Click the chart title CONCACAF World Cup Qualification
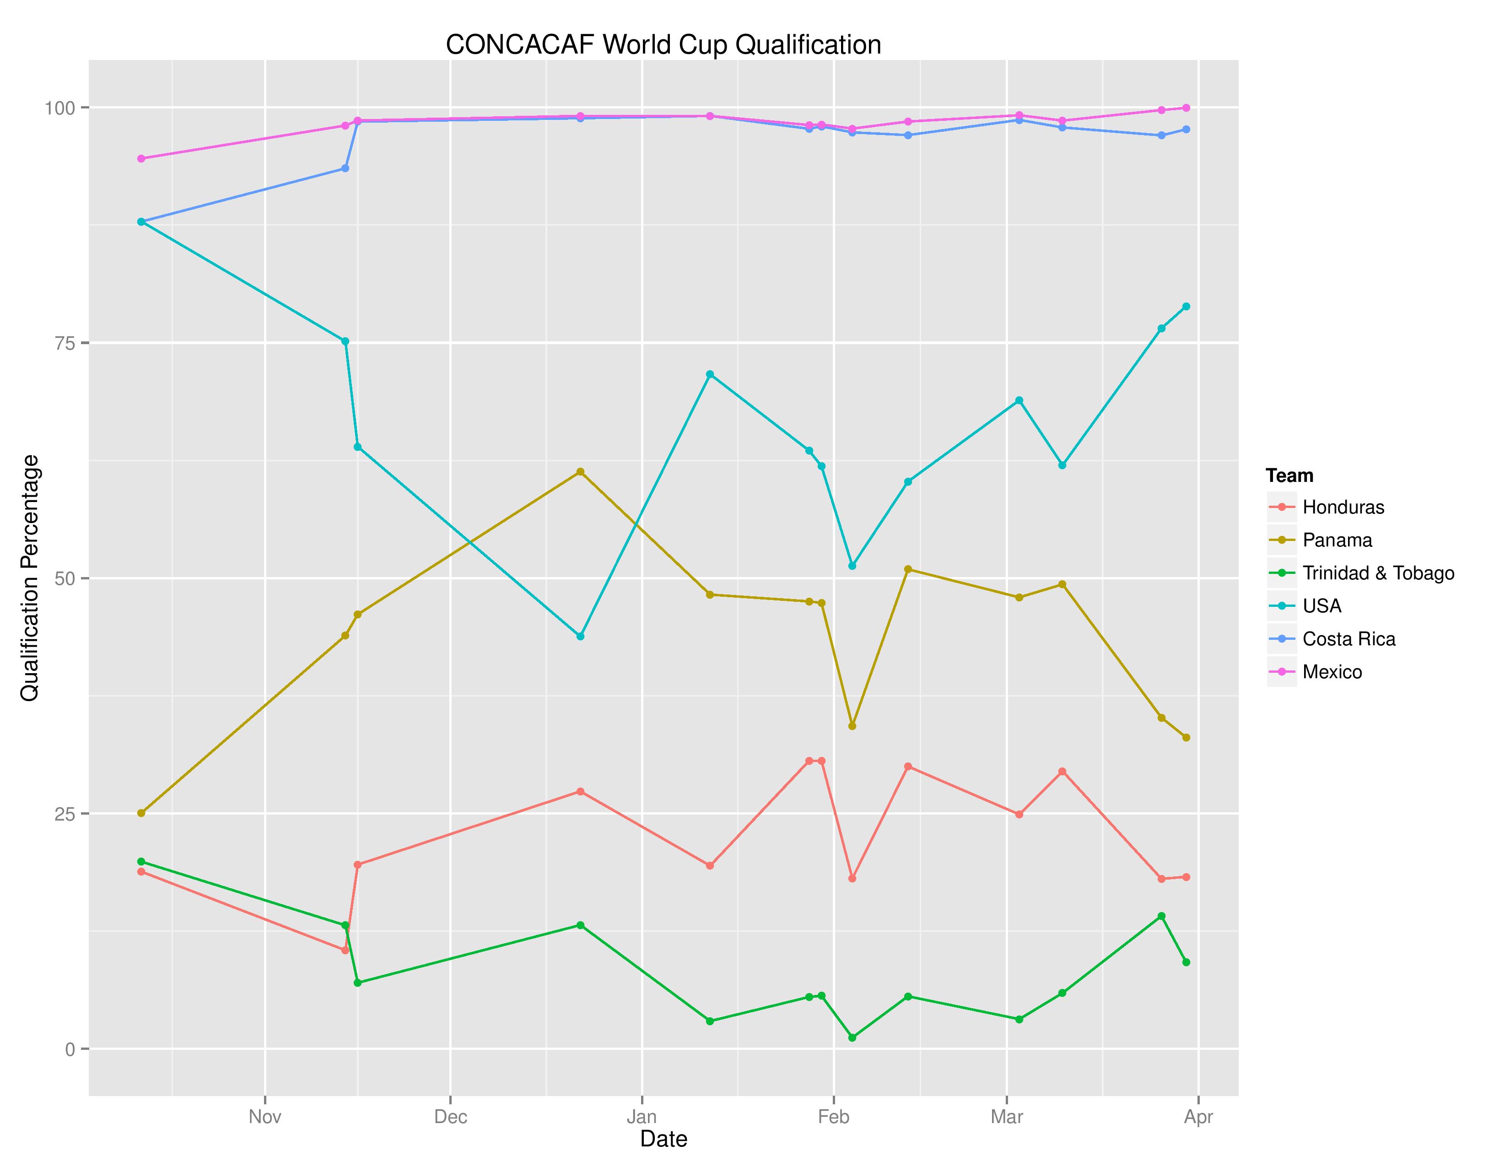[x=663, y=45]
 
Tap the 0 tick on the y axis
[x=69, y=1049]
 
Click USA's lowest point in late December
[x=580, y=636]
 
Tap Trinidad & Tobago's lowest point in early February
[x=852, y=1038]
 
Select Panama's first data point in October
[x=141, y=813]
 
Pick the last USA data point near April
[x=1186, y=306]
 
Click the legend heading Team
[x=1289, y=475]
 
